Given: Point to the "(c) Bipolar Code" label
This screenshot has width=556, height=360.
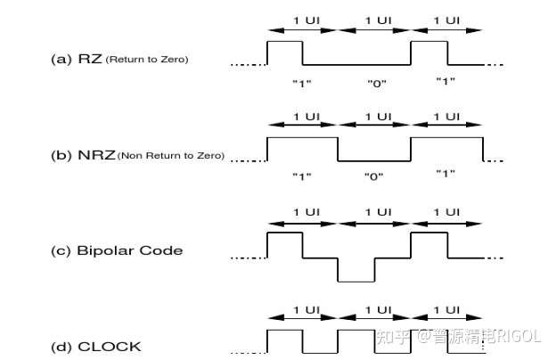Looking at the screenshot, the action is pyautogui.click(x=117, y=250).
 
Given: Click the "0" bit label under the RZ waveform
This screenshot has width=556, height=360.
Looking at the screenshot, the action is pyautogui.click(x=373, y=82).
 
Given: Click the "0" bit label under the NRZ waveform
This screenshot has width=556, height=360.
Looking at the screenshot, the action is pyautogui.click(x=373, y=176).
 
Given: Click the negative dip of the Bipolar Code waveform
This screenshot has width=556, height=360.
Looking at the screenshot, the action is pyautogui.click(x=356, y=269).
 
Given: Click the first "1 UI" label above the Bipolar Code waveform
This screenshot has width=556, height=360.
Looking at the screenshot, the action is pyautogui.click(x=302, y=210).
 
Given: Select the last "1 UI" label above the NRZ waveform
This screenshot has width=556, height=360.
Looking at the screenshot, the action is pyautogui.click(x=446, y=116).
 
